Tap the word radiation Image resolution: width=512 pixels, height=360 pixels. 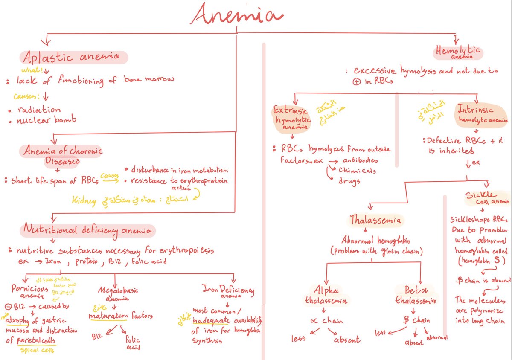(x=39, y=110)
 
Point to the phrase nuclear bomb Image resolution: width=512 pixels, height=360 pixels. (x=47, y=120)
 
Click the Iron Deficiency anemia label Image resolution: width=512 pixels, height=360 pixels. (x=228, y=291)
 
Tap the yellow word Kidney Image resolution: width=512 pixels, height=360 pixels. (x=84, y=201)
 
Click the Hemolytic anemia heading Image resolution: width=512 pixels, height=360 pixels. (x=457, y=52)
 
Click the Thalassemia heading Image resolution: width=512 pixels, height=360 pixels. (x=375, y=220)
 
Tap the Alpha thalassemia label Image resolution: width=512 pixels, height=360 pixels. (x=326, y=294)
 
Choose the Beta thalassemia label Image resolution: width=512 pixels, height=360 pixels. (x=415, y=294)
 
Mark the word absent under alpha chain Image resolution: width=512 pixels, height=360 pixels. (x=347, y=340)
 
